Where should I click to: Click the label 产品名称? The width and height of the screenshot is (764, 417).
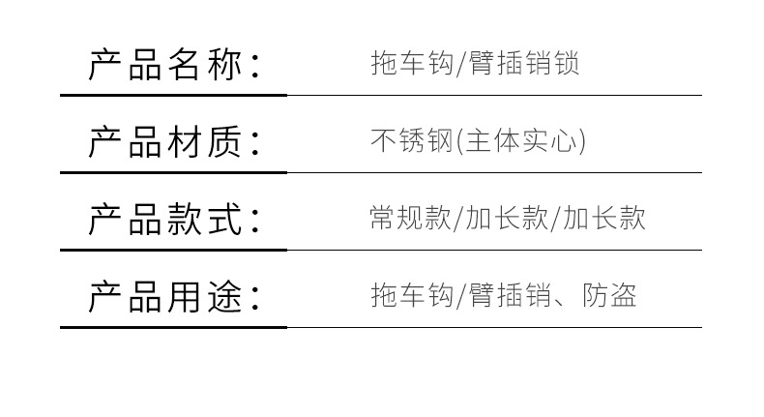point(165,65)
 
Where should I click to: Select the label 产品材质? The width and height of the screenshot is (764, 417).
point(165,141)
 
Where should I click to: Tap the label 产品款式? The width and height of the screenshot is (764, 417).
point(165,219)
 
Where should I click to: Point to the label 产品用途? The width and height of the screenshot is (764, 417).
point(165,296)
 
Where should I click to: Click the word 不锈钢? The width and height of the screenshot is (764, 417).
point(412,140)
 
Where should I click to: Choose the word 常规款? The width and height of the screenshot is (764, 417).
point(411,218)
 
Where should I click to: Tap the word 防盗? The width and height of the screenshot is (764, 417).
point(609,295)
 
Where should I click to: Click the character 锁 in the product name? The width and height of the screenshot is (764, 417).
point(566,64)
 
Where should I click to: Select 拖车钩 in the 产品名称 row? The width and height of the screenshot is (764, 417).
point(412,64)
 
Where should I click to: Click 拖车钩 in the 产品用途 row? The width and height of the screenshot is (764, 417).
point(412,295)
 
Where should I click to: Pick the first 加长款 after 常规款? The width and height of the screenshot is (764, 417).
point(507,218)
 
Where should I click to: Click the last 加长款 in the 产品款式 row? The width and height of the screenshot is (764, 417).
point(604,218)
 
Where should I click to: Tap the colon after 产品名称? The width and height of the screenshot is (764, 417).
point(255,67)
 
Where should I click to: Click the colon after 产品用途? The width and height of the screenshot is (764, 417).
point(255,299)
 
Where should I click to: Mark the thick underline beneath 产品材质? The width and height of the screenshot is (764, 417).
point(173,172)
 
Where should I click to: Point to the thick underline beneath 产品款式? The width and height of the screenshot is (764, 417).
point(173,250)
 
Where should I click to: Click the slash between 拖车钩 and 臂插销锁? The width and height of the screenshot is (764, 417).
point(461,64)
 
